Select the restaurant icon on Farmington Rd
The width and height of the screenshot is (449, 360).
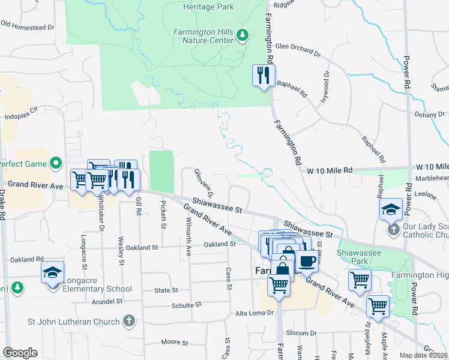(264, 76)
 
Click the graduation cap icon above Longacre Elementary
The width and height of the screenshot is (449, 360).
(53, 272)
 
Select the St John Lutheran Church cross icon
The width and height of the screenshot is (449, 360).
(128, 322)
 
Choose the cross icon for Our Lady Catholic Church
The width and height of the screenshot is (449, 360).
(393, 229)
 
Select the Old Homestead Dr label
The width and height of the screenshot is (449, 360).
(28, 26)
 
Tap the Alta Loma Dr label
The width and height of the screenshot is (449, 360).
(254, 313)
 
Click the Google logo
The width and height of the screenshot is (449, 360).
(20, 353)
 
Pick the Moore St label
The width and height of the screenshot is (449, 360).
(175, 342)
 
